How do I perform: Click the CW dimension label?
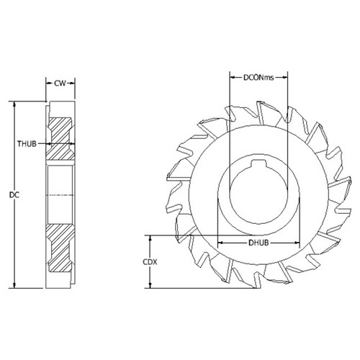[x=62, y=84]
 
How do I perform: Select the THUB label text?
[x=27, y=143]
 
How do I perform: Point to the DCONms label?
[x=259, y=75]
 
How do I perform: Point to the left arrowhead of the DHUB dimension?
[x=219, y=243]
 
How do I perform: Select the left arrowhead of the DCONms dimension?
[x=230, y=75]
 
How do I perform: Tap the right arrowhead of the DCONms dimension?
[x=289, y=75]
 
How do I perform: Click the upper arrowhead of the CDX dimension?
[x=150, y=237]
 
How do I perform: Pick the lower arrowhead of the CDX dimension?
[x=150, y=286]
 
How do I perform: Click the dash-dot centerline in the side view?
[x=62, y=194]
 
